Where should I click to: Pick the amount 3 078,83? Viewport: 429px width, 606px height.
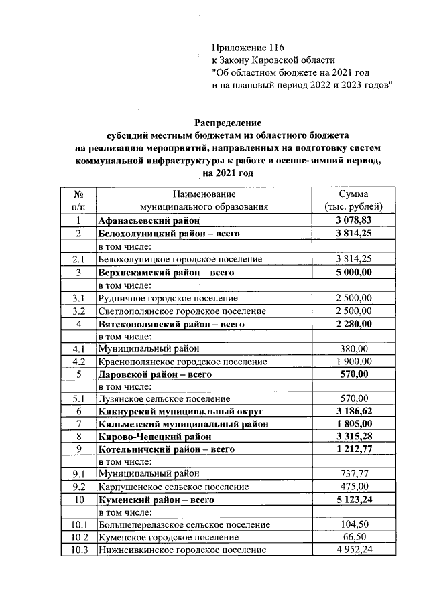click(x=353, y=220)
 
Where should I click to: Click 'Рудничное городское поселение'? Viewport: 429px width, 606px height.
click(x=168, y=297)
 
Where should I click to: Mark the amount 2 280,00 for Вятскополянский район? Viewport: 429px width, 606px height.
click(x=353, y=323)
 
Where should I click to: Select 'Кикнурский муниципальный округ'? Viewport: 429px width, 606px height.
click(x=171, y=412)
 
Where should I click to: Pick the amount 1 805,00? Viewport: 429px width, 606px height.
click(x=353, y=425)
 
